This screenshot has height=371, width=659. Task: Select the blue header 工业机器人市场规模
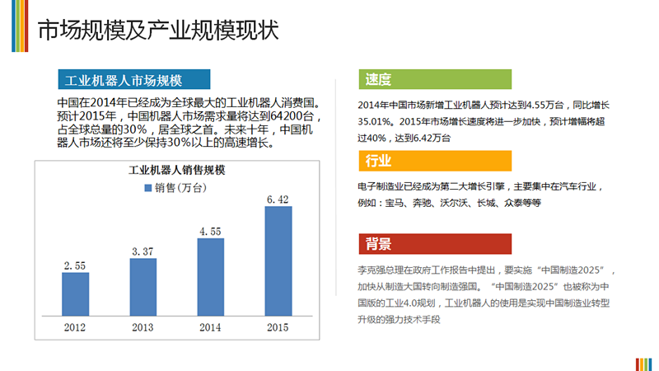tap(124, 80)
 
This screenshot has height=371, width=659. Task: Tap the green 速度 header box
tap(436, 80)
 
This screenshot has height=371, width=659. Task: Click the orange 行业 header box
tap(436, 160)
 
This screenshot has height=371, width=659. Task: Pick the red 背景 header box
tap(436, 243)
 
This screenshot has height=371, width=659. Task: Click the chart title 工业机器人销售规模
tap(177, 171)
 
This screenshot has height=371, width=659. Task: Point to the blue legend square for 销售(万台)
tap(147, 188)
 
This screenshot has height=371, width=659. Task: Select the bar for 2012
tap(76, 294)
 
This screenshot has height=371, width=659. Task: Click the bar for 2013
tap(143, 286)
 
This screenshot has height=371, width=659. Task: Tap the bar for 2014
tap(211, 275)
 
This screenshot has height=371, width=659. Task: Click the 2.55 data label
tap(76, 265)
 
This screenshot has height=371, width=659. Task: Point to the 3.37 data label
tap(143, 251)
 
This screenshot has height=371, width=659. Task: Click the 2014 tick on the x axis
tap(211, 326)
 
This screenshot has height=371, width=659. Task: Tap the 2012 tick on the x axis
tap(76, 326)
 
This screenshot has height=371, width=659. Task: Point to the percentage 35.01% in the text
tap(376, 121)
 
